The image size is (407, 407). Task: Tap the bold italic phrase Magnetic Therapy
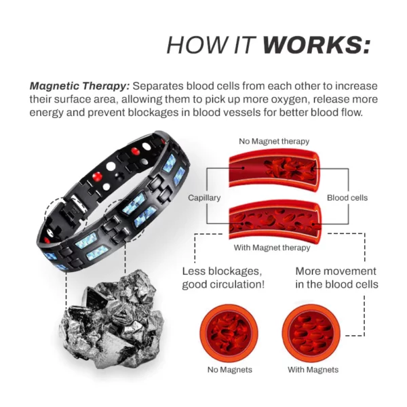[79, 87]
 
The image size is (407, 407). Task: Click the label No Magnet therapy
[274, 141]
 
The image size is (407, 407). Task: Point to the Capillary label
[204, 198]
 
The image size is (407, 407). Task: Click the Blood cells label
[347, 198]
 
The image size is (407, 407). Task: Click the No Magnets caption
[229, 370]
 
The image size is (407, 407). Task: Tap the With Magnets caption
[313, 370]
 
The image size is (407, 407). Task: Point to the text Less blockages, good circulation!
[222, 278]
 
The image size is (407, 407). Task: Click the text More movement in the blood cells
[336, 278]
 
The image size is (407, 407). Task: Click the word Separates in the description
[158, 87]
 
